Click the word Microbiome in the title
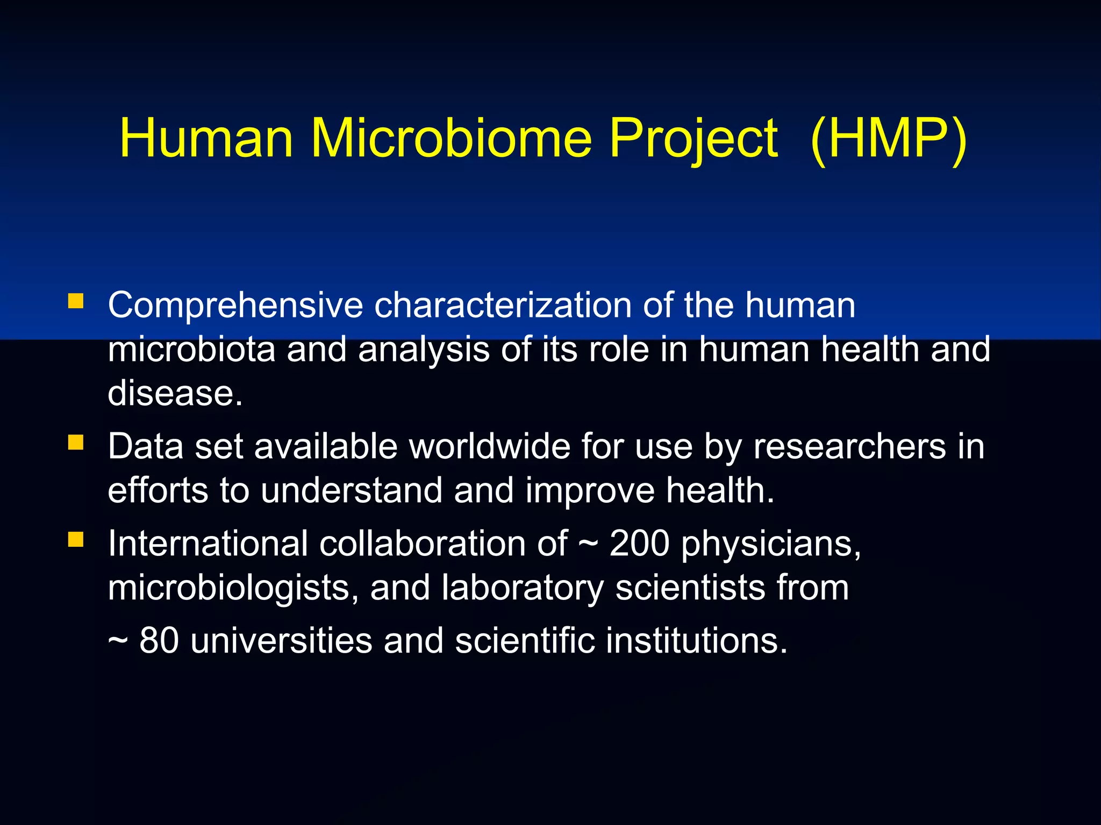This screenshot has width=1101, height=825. (x=451, y=138)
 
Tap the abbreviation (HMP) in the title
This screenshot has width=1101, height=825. (x=889, y=138)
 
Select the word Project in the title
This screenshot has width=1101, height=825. (x=693, y=138)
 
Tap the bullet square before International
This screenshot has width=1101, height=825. (x=76, y=539)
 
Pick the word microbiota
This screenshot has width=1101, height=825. (x=191, y=349)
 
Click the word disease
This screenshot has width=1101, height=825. (x=175, y=393)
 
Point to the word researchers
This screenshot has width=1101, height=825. (x=849, y=446)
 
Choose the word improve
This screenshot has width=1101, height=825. (x=590, y=491)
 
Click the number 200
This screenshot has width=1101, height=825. (x=639, y=544)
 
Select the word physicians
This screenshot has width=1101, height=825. (x=770, y=544)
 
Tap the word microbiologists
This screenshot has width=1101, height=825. (x=233, y=588)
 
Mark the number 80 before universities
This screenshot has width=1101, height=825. (x=159, y=641)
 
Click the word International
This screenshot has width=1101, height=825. (x=208, y=544)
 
